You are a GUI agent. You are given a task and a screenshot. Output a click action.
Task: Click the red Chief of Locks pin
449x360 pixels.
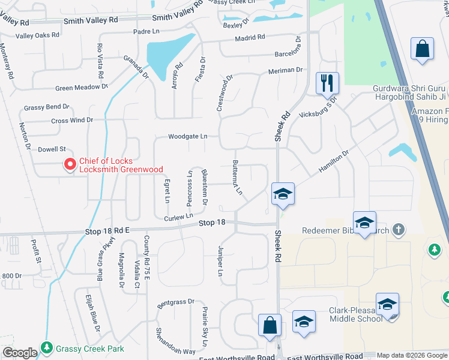[70, 163]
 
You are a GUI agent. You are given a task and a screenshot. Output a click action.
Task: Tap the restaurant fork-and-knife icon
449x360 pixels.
[327, 83]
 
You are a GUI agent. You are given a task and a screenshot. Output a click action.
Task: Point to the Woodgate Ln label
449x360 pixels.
[187, 136]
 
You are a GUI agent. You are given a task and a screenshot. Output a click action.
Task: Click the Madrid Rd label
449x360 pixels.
[250, 37]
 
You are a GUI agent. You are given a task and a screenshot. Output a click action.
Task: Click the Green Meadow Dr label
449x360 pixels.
[81, 87]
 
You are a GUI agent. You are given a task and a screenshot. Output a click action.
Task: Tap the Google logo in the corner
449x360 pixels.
[19, 353]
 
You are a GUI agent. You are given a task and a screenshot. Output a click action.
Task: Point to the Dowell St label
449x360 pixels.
[52, 149]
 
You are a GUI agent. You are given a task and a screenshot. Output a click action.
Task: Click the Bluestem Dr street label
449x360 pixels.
[205, 186]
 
